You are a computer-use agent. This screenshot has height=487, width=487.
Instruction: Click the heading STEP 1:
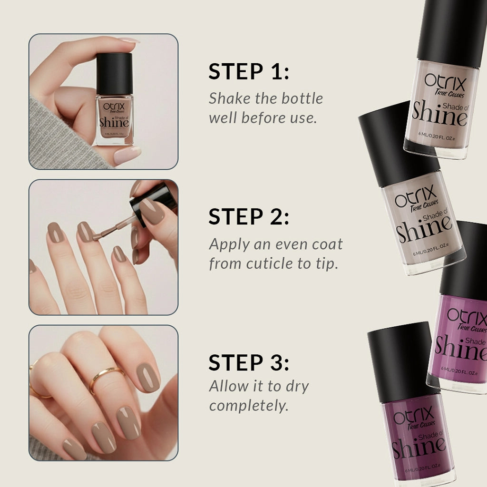pyautogui.click(x=249, y=72)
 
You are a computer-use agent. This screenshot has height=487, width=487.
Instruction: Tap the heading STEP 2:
pyautogui.click(x=249, y=217)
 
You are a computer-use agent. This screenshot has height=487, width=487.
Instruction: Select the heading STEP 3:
pyautogui.click(x=249, y=363)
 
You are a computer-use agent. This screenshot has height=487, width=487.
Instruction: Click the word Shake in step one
pyautogui.click(x=227, y=98)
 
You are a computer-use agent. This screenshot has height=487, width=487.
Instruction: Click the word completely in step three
pyautogui.click(x=249, y=406)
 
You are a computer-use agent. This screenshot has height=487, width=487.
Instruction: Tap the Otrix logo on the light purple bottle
pyautogui.click(x=466, y=316)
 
